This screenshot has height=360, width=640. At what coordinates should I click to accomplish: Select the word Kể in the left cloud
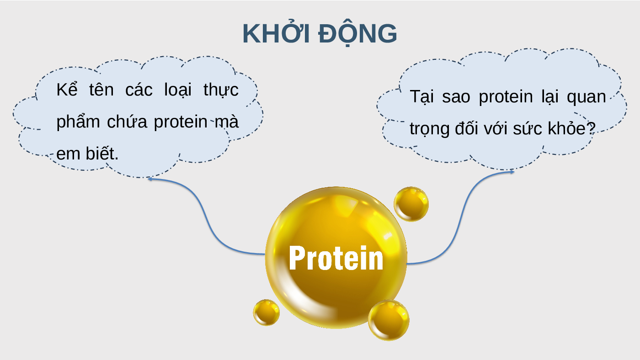click(67, 90)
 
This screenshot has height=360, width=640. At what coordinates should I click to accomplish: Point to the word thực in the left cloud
click(221, 90)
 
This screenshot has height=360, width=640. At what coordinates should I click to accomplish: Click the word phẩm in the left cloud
click(78, 122)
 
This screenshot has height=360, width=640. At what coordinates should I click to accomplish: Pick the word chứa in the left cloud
click(127, 121)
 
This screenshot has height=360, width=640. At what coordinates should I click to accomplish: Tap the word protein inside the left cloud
click(181, 122)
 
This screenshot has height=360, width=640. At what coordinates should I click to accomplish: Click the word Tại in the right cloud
click(421, 97)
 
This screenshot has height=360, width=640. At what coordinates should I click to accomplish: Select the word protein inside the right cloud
click(506, 97)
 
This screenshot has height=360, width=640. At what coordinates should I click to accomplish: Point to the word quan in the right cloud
click(586, 97)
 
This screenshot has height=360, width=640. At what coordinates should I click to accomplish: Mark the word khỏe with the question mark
click(572, 128)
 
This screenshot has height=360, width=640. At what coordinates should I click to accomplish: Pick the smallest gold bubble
click(266, 312)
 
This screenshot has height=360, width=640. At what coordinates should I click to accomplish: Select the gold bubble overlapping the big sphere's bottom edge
click(389, 320)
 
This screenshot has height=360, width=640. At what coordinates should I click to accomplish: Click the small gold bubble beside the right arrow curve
click(411, 204)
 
